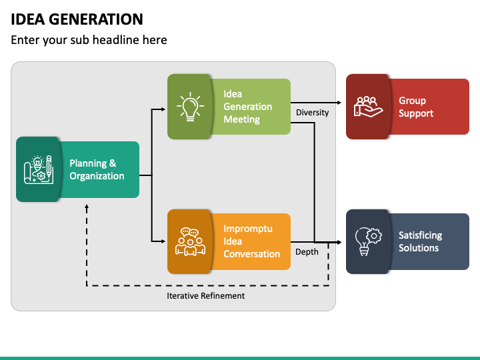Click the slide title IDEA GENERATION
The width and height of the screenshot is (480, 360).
(x=77, y=19)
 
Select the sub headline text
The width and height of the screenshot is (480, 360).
(x=89, y=40)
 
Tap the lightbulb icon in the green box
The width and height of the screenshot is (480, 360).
(x=190, y=107)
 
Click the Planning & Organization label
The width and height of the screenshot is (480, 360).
(x=97, y=169)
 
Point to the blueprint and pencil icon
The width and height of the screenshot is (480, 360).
(x=39, y=169)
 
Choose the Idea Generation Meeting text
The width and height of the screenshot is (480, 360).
(x=247, y=107)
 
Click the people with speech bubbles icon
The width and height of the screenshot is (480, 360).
(x=190, y=241)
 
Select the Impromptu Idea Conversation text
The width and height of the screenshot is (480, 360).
(x=251, y=241)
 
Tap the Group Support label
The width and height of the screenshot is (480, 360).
(x=416, y=107)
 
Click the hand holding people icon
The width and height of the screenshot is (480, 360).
(x=368, y=107)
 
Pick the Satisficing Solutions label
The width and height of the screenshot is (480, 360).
(x=420, y=241)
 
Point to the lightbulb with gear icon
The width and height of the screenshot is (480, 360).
(x=368, y=241)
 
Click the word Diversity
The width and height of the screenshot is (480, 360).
(x=312, y=113)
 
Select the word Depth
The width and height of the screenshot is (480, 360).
(x=307, y=251)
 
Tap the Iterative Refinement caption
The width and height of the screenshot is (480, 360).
(x=206, y=296)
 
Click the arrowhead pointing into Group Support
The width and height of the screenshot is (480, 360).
(x=339, y=103)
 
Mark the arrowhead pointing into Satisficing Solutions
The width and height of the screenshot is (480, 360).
(x=339, y=242)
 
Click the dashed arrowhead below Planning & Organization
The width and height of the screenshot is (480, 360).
(x=87, y=207)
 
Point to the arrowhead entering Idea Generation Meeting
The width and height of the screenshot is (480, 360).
(x=163, y=109)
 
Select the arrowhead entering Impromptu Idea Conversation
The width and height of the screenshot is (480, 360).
(x=163, y=241)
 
